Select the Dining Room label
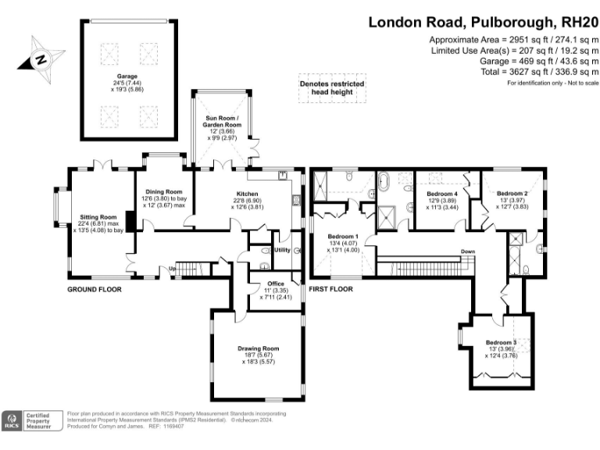pyautogui.click(x=163, y=191)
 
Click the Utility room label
pyautogui.click(x=282, y=250)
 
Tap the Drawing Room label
pyautogui.click(x=258, y=348)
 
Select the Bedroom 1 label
pyautogui.click(x=343, y=237)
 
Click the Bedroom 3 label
pyautogui.click(x=501, y=342)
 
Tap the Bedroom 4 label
pyautogui.click(x=442, y=194)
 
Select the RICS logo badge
pyautogui.click(x=12, y=422)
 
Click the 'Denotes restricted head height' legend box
pyautogui.click(x=327, y=87)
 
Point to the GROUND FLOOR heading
pyautogui.click(x=95, y=288)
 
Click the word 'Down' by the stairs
pyautogui.click(x=467, y=251)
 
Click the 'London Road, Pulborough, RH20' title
pyautogui.click(x=484, y=22)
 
